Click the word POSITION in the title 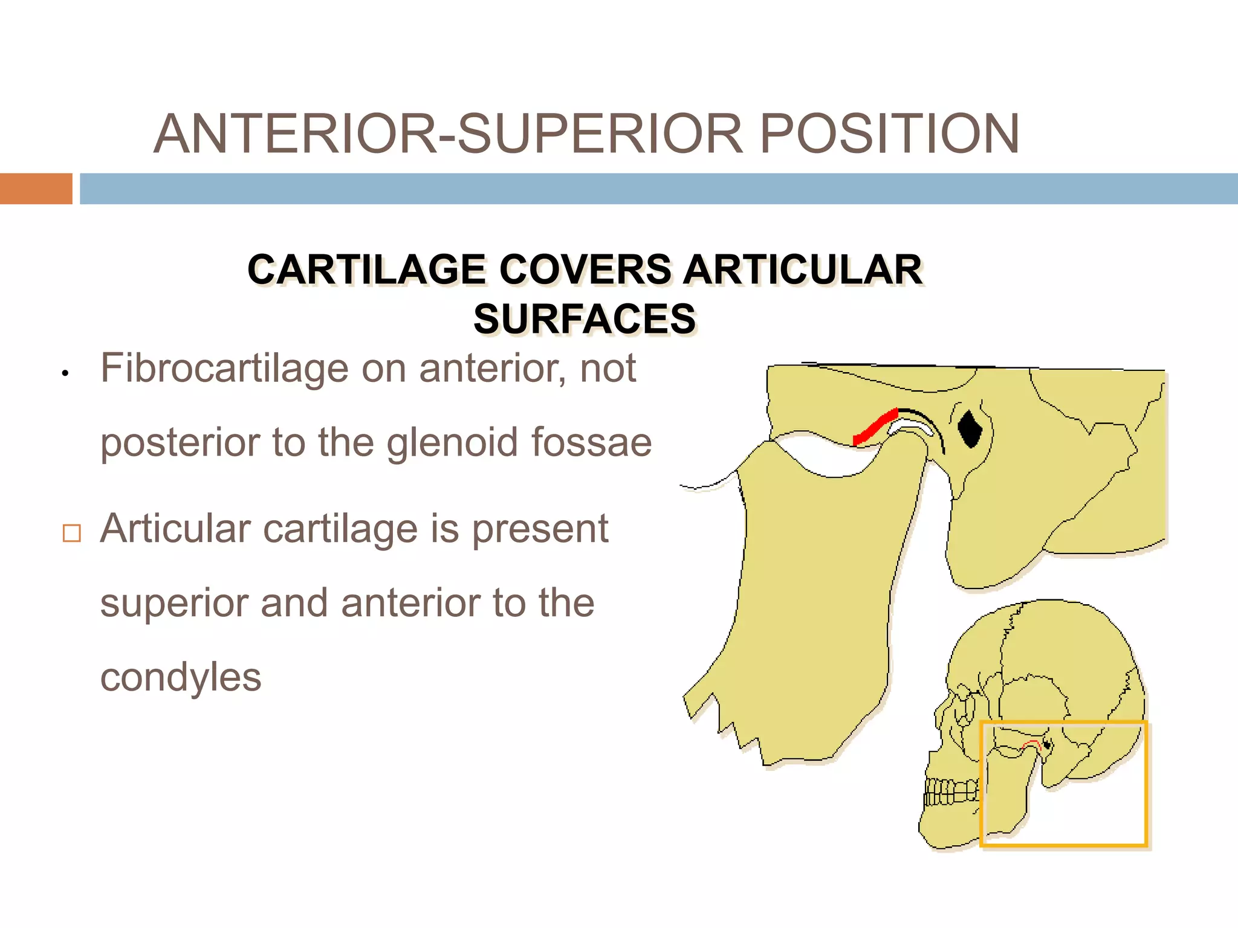(x=889, y=134)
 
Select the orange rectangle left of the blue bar (x=36, y=188)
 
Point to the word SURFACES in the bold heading (x=585, y=319)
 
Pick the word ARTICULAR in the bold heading (x=803, y=269)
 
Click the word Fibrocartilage (x=224, y=368)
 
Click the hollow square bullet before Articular (x=72, y=533)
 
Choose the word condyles (x=181, y=677)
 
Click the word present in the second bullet (x=540, y=529)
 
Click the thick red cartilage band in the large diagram (x=875, y=427)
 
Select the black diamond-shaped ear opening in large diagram (x=970, y=428)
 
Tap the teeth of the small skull (x=951, y=792)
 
